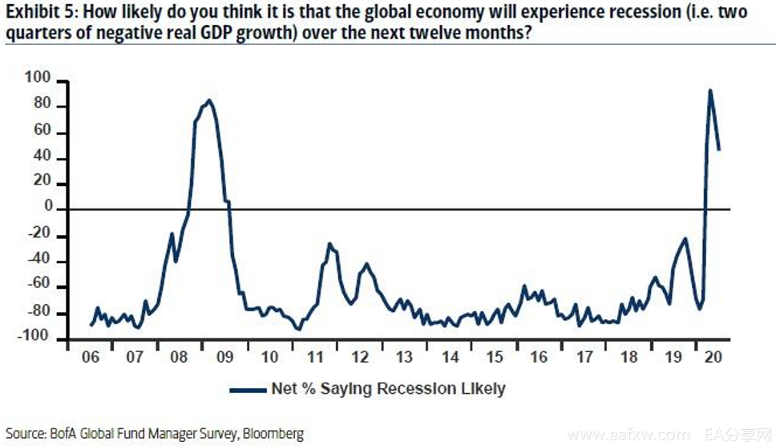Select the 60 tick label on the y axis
point(42,132)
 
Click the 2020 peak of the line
point(709,90)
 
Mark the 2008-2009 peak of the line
point(209,100)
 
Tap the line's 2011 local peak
point(329,243)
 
